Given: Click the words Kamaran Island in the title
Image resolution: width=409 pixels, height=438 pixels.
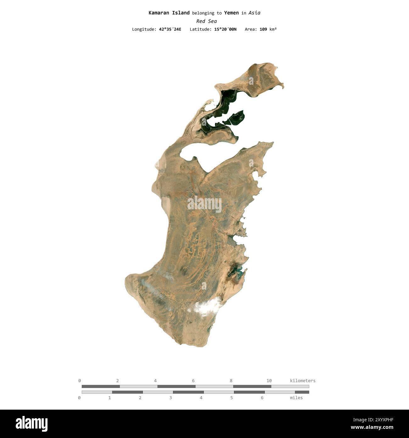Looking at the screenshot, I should tap(169, 13).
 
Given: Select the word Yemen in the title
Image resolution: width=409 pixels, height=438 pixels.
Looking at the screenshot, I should tap(231, 13).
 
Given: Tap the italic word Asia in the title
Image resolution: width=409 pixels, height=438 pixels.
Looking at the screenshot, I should tap(254, 13).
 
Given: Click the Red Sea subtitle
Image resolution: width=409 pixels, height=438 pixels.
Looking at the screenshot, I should tap(206, 21).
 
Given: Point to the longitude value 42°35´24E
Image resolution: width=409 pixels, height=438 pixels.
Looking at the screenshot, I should tap(170, 29).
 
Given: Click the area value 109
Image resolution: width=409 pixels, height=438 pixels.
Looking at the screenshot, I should tap(263, 29).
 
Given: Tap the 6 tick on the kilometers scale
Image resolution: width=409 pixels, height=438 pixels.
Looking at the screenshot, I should tap(193, 381).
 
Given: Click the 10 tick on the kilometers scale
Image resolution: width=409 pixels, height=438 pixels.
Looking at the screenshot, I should tap(269, 381).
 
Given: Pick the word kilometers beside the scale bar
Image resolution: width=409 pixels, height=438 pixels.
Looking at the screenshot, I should tap(302, 381).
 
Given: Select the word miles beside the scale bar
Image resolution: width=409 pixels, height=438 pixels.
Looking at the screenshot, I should tap(296, 398).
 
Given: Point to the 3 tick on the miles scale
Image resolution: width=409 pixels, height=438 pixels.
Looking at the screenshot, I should tap(171, 398).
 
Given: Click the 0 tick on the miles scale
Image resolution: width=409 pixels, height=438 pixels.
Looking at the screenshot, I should tap(79, 398).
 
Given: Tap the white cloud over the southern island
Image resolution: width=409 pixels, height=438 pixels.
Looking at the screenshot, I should tap(206, 306).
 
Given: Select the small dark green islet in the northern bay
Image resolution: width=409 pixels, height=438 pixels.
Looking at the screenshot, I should tap(237, 117).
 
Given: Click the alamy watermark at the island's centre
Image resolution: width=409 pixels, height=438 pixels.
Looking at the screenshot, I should tap(204, 204).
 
